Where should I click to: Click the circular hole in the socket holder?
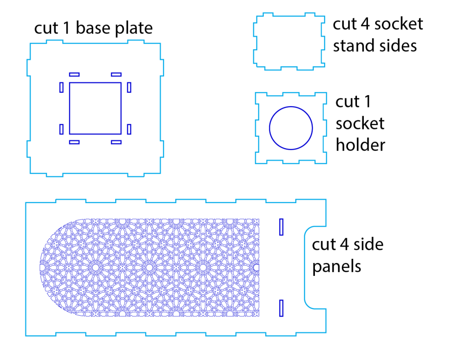(291, 128)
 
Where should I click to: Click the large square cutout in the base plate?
(95, 108)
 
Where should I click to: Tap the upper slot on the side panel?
(282, 227)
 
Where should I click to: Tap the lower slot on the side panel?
(282, 308)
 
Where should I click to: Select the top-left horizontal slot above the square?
(74, 74)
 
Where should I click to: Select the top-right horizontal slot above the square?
(116, 74)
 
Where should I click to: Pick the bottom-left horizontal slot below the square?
(74, 142)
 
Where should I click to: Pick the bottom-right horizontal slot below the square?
(116, 142)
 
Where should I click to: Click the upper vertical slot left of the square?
(61, 87)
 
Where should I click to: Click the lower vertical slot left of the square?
(61, 129)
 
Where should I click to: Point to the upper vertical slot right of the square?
(129, 87)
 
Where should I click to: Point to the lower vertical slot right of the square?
(129, 129)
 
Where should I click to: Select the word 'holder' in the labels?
(360, 145)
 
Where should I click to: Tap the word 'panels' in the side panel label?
(336, 266)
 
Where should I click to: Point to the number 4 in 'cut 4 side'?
(346, 244)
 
